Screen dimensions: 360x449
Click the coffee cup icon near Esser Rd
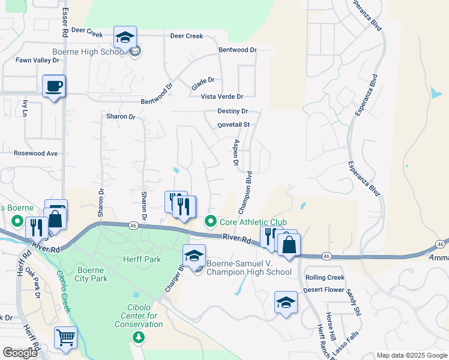tap(54, 86)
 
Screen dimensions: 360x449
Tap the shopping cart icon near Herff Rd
tap(65, 337)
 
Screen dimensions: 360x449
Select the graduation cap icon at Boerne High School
tap(125, 38)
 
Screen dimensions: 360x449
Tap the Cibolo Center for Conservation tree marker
tap(139, 337)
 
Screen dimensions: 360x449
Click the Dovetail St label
tap(233, 125)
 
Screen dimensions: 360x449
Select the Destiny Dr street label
tap(233, 112)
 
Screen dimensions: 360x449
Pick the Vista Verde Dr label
tap(221, 97)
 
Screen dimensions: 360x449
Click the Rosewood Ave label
tap(36, 154)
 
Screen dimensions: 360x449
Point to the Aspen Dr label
tap(235, 155)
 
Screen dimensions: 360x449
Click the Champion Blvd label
tap(246, 193)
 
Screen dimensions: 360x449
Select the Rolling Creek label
tap(325, 277)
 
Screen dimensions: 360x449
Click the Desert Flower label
tap(324, 289)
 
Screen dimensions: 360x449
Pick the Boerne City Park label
tap(92, 274)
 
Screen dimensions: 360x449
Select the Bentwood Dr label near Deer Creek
tap(237, 50)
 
